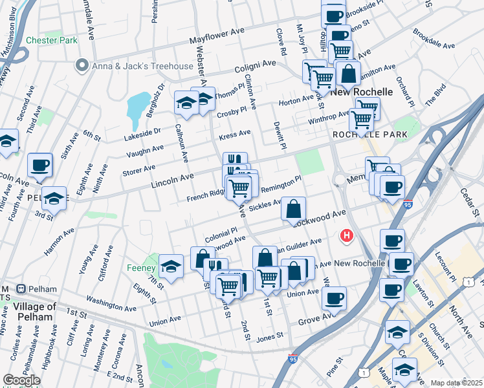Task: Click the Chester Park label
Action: click(51, 40)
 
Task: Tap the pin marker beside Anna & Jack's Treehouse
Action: click(82, 65)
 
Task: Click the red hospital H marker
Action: click(347, 236)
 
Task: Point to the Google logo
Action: click(21, 380)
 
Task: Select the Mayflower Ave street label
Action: click(217, 36)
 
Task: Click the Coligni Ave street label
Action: click(256, 67)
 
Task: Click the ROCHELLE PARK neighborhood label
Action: click(369, 135)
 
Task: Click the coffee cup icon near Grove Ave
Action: click(334, 297)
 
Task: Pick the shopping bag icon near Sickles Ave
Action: click(293, 208)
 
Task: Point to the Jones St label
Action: click(270, 336)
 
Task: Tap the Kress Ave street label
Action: click(234, 135)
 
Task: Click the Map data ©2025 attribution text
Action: click(456, 383)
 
